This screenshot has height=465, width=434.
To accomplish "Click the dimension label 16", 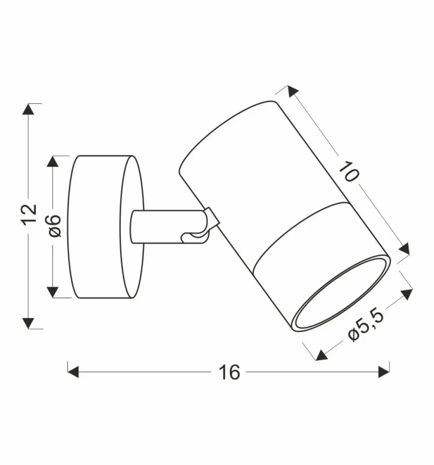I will click(230, 372).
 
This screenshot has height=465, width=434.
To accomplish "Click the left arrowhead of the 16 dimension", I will click(73, 372).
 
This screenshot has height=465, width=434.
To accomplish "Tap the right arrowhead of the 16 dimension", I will click(384, 372).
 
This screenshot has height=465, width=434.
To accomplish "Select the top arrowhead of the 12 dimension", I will click(29, 109).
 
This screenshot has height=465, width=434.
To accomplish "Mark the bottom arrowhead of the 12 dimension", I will click(29, 323).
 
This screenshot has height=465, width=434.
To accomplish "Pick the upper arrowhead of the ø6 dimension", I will click(54, 162).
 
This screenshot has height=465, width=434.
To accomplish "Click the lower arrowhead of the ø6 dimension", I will click(54, 292).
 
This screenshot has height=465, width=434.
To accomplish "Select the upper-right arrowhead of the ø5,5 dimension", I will click(406, 294).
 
